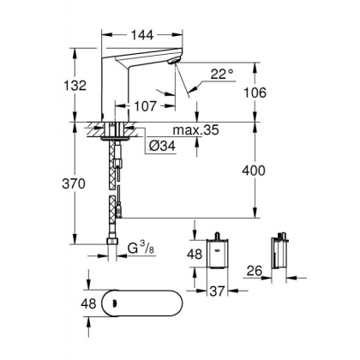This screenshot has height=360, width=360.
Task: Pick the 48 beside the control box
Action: click(195, 255)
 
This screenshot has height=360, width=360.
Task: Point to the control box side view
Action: click(281, 254)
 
